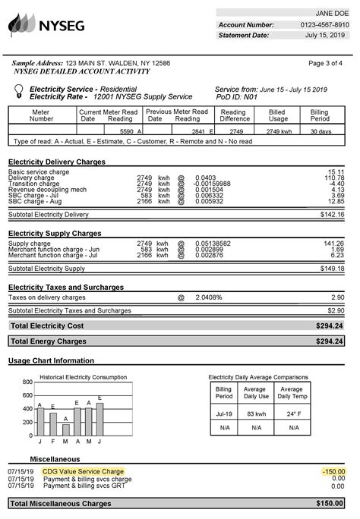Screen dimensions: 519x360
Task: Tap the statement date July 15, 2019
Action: tap(326, 35)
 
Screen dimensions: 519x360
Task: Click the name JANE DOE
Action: tap(331, 14)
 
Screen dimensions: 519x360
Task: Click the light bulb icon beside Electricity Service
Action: tap(17, 92)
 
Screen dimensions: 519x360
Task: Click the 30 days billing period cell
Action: tap(320, 131)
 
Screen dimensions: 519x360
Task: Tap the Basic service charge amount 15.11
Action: tap(336, 171)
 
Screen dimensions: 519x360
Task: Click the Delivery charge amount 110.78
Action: tap(334, 178)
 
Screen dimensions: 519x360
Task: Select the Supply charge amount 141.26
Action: tap(334, 244)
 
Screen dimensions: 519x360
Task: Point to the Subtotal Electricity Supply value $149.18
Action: tap(331, 268)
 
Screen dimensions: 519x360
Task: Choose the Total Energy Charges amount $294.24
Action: tap(330, 341)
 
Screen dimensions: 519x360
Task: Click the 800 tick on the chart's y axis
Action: tap(27, 382)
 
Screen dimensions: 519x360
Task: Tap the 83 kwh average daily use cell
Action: tap(255, 414)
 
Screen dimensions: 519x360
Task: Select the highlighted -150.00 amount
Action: tap(333, 471)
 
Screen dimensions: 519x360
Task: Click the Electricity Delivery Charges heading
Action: tap(56, 162)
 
